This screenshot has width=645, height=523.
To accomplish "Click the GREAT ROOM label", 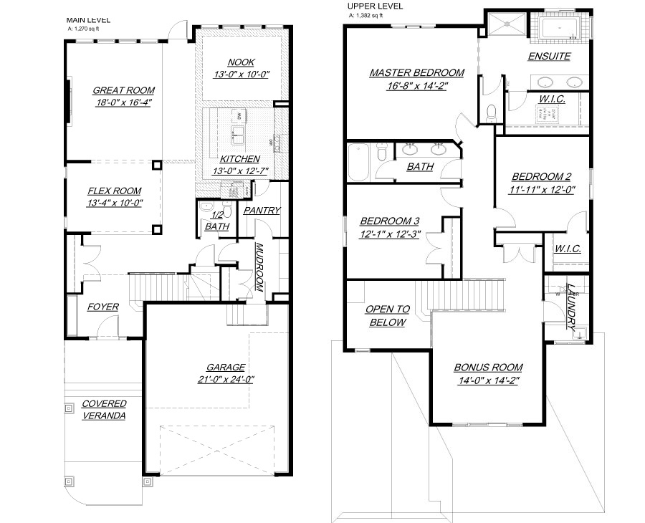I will click(x=123, y=90).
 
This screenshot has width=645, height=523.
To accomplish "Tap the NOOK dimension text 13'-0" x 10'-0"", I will click(x=241, y=74).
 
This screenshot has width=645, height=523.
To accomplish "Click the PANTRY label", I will click(x=262, y=210).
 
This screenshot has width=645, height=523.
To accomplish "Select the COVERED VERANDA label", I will click(x=104, y=409).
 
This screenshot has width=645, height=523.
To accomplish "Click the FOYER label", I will click(x=103, y=307).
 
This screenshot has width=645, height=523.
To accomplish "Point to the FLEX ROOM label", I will click(x=115, y=191).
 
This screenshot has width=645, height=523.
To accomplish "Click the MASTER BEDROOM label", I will click(x=416, y=72).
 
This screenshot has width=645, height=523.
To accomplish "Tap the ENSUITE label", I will click(x=549, y=56).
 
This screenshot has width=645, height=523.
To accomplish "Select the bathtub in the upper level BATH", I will click(x=357, y=163).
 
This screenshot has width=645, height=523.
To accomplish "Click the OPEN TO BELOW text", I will click(x=387, y=315).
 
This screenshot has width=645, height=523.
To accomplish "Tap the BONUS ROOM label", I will click(x=488, y=368).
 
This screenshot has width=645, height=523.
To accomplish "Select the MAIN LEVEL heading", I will click(x=88, y=20).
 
